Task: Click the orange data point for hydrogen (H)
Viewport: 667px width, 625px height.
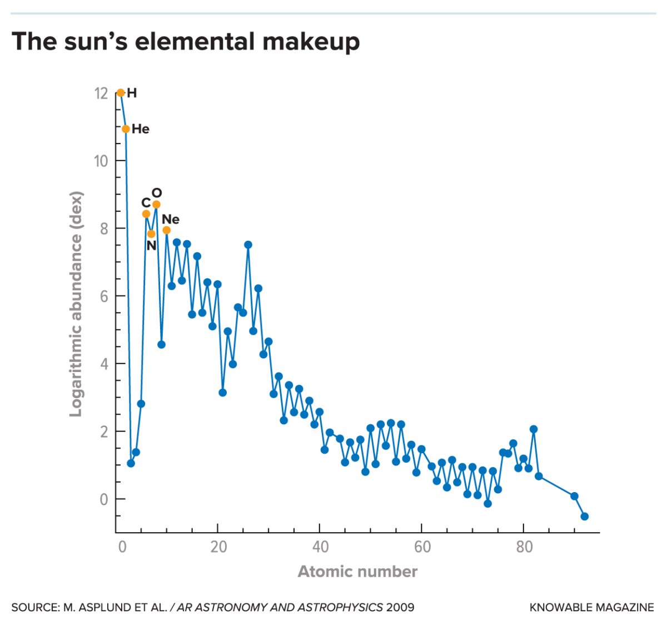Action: (121, 93)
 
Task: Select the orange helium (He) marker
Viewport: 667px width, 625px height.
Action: (126, 129)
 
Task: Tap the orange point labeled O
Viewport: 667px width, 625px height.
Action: (156, 205)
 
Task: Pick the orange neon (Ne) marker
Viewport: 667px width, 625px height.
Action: (166, 230)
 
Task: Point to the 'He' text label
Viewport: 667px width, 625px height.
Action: (141, 129)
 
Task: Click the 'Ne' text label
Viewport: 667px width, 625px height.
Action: (171, 219)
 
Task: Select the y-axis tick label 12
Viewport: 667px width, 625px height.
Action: (101, 93)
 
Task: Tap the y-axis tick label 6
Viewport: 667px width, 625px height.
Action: (104, 296)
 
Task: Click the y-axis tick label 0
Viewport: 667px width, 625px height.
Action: (104, 499)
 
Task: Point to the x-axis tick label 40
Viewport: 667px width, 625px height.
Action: (320, 547)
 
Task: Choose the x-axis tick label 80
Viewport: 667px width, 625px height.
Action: (524, 547)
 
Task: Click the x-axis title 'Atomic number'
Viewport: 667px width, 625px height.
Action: (357, 572)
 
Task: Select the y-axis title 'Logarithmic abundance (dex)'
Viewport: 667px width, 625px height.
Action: (76, 304)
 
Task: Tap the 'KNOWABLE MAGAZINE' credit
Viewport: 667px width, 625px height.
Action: (591, 607)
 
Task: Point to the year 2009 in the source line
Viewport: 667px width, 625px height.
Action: (400, 607)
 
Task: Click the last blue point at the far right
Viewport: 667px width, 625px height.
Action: (584, 517)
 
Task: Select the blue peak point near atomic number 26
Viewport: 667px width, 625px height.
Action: (248, 245)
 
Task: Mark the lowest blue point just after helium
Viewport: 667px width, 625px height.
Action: (131, 463)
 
